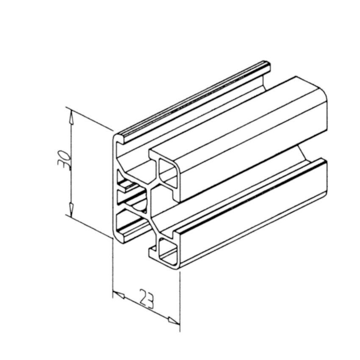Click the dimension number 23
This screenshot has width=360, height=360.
tap(147, 299)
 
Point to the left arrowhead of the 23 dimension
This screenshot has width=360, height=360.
tap(119, 295)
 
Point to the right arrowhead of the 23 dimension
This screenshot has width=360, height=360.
tap(174, 321)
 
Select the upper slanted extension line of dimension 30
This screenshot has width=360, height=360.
tap(89, 119)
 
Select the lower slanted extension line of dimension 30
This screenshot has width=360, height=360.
tap(89, 227)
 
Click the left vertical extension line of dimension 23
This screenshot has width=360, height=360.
tap(113, 268)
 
